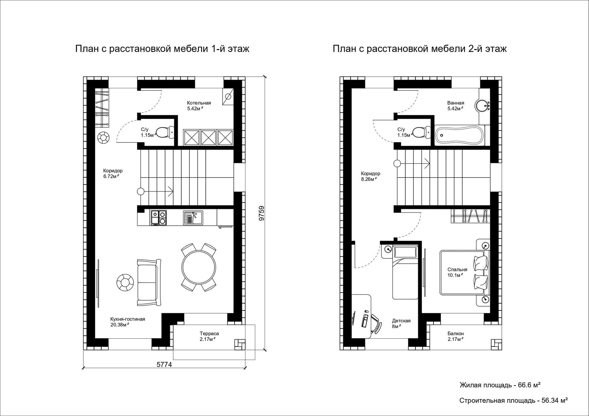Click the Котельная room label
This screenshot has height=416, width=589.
click(199, 103)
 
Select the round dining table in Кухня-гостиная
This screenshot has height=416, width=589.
click(198, 267)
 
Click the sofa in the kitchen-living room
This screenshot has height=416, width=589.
click(149, 282)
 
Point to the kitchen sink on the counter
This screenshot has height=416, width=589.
click(193, 218)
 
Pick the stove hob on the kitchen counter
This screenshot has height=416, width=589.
click(158, 218)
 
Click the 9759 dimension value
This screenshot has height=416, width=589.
click(262, 213)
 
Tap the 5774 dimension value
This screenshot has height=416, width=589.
click(164, 364)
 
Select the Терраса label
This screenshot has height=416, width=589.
click(209, 334)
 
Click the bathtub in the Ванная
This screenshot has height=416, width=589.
click(459, 135)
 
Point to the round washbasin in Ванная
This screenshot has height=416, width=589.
click(482, 105)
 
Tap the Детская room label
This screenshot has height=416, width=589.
click(401, 321)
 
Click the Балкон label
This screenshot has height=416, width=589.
click(456, 334)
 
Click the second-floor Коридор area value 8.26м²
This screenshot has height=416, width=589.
click(369, 179)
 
